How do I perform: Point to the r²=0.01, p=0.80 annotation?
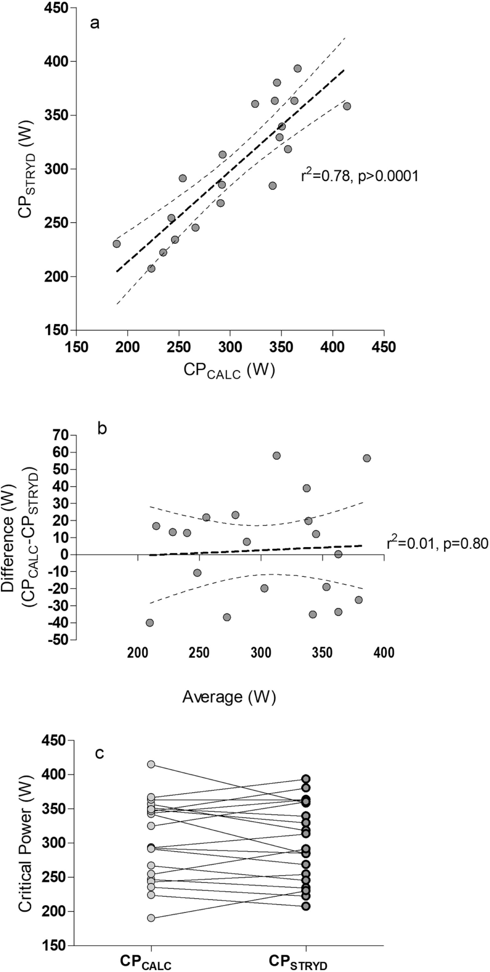coord(437,544)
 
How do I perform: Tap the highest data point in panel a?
coord(298,69)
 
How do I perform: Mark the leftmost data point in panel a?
coord(117,244)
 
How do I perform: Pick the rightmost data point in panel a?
coord(347,106)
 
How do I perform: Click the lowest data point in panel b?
coord(150,623)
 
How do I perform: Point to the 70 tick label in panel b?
coord(61,435)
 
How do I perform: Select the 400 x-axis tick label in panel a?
coord(332,347)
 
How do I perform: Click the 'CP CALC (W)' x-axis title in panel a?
coord(229,371)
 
